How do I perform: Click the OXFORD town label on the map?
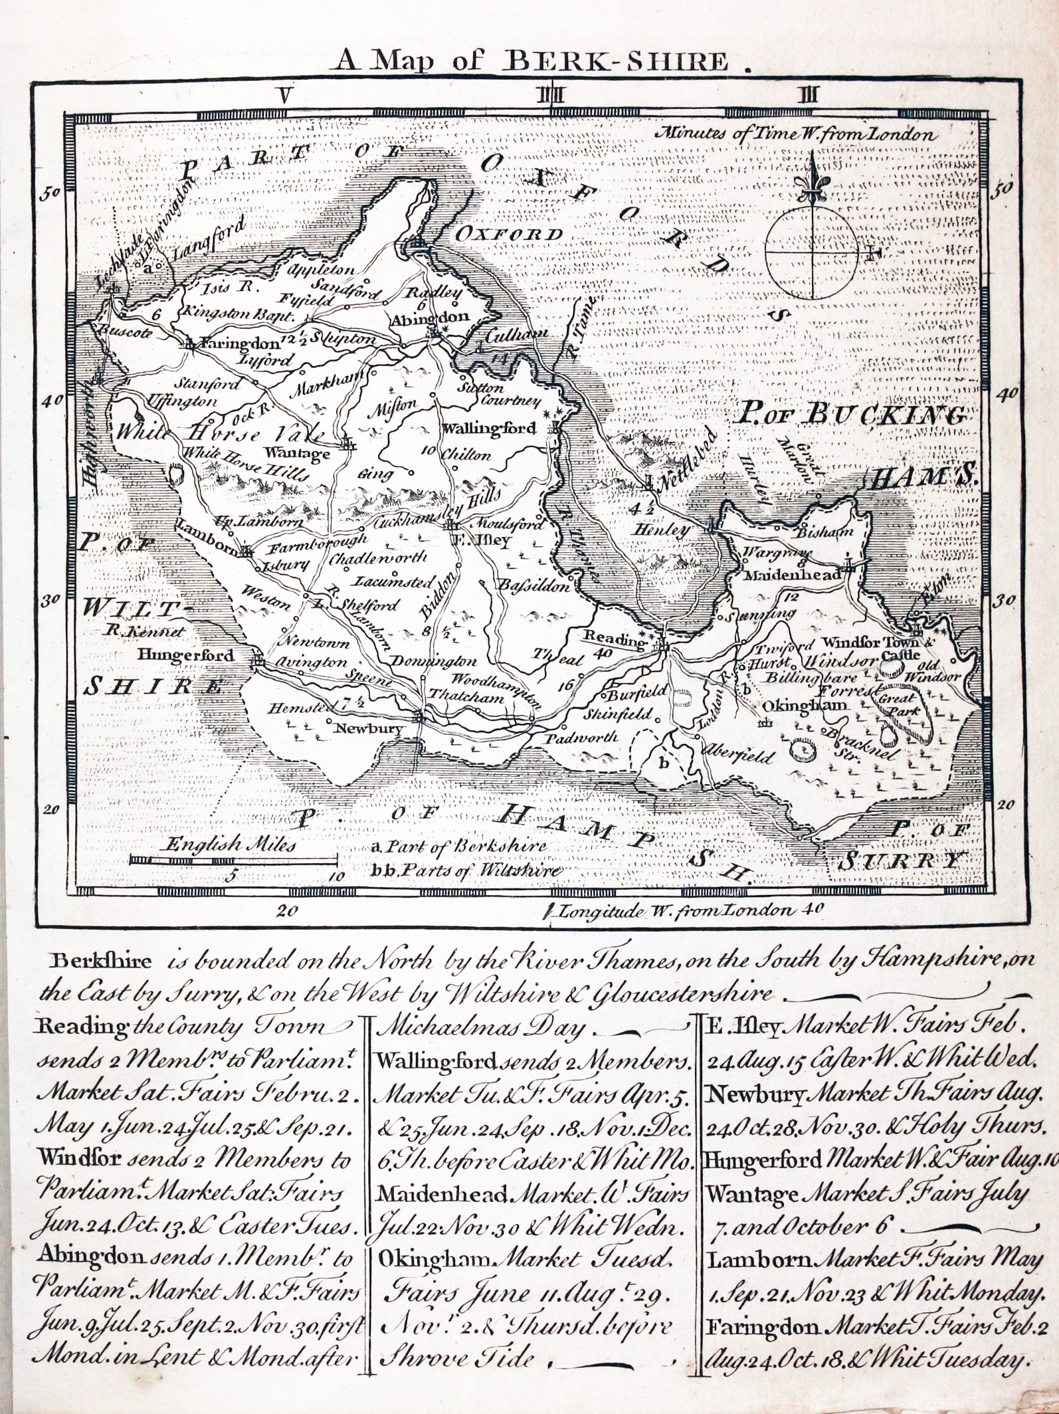point(508,234)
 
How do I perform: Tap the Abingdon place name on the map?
point(429,318)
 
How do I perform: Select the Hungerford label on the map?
point(185,655)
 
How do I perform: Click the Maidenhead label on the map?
point(791,575)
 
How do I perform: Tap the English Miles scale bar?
point(233,860)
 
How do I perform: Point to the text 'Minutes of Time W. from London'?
point(795,134)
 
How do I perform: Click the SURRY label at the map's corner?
point(900,861)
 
